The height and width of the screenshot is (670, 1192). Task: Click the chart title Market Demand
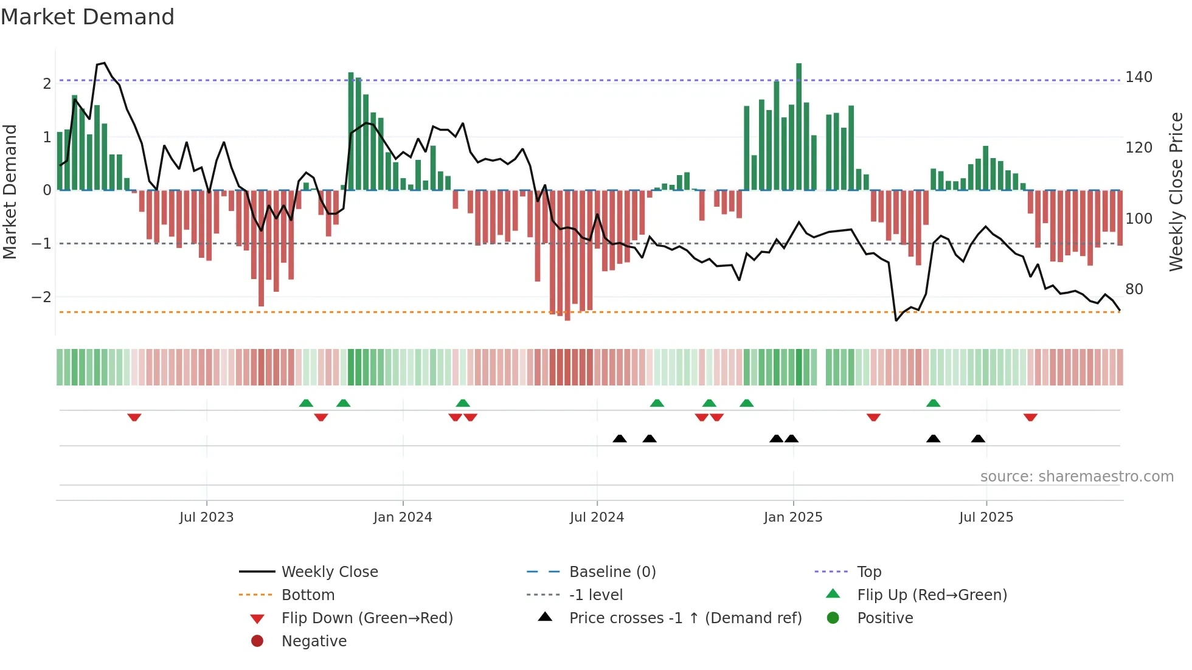point(88,17)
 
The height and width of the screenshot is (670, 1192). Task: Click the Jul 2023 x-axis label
point(206,517)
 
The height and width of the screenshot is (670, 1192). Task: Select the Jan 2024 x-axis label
point(403,517)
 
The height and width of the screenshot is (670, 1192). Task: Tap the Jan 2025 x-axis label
point(793,517)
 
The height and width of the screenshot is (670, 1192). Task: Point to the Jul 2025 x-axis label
point(986,517)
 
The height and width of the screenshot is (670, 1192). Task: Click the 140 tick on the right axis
point(1138,77)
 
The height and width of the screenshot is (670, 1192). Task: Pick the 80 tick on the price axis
point(1134,289)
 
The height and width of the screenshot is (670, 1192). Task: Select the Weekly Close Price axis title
point(1176,192)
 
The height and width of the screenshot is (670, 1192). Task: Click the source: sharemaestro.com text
point(1076,477)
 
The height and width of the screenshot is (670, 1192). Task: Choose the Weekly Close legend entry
point(329,572)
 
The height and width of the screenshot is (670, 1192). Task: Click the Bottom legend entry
point(308,595)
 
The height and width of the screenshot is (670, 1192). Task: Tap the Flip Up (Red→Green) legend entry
point(932,595)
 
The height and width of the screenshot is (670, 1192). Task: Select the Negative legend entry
point(314,641)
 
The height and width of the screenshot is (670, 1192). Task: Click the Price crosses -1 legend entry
point(685,618)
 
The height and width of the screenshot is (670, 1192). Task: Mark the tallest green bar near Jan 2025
point(799,126)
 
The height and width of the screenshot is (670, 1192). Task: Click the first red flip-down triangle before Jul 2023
point(134,417)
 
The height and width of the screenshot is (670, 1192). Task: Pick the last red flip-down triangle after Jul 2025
point(1030,417)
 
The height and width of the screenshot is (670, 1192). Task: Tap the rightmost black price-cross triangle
point(978,438)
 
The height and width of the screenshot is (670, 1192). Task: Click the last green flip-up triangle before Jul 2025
point(933,403)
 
